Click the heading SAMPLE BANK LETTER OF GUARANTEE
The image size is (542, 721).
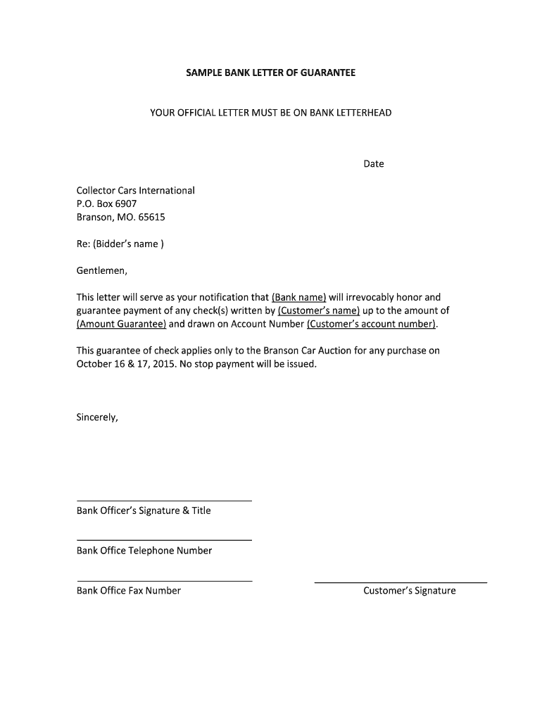click(270, 73)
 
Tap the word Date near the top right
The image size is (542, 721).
click(373, 164)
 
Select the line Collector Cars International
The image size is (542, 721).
click(135, 191)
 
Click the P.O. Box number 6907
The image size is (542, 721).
click(126, 204)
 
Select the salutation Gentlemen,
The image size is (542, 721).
click(101, 270)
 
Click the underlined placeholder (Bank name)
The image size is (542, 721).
click(298, 297)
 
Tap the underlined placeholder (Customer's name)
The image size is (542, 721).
click(319, 311)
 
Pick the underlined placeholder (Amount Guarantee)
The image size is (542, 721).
click(121, 324)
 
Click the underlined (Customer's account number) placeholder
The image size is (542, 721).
click(372, 324)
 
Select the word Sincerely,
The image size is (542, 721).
click(97, 417)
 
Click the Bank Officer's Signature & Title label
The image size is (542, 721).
click(144, 510)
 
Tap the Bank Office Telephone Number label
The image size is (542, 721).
click(144, 551)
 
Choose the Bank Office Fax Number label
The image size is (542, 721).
click(129, 591)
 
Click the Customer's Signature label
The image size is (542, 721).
click(409, 591)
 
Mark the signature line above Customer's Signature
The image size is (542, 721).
click(401, 583)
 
